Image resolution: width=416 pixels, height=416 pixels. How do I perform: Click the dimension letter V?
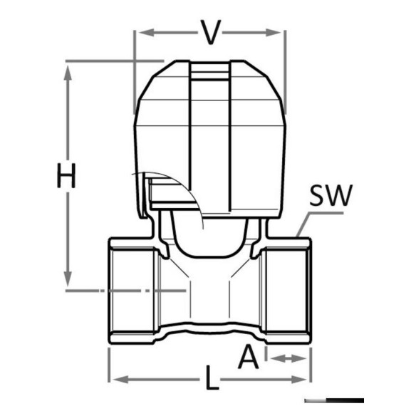pyautogui.click(x=210, y=32)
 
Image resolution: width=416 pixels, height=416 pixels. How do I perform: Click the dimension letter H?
pyautogui.click(x=66, y=176)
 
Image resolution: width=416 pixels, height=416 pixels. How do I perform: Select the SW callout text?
pyautogui.click(x=331, y=195)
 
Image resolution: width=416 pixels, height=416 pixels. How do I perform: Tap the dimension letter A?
pyautogui.click(x=248, y=357)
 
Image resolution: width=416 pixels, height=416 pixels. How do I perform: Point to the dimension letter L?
pyautogui.click(x=212, y=378)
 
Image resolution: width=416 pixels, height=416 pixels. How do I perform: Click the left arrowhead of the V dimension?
pyautogui.click(x=147, y=33)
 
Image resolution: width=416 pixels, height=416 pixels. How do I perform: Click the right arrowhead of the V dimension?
pyautogui.click(x=274, y=33)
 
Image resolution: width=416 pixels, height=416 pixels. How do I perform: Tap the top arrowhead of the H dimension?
pyautogui.click(x=68, y=73)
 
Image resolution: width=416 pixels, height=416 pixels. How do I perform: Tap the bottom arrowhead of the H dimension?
pyautogui.click(x=68, y=279)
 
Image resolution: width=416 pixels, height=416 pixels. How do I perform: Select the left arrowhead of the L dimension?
pyautogui.click(x=120, y=380)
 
